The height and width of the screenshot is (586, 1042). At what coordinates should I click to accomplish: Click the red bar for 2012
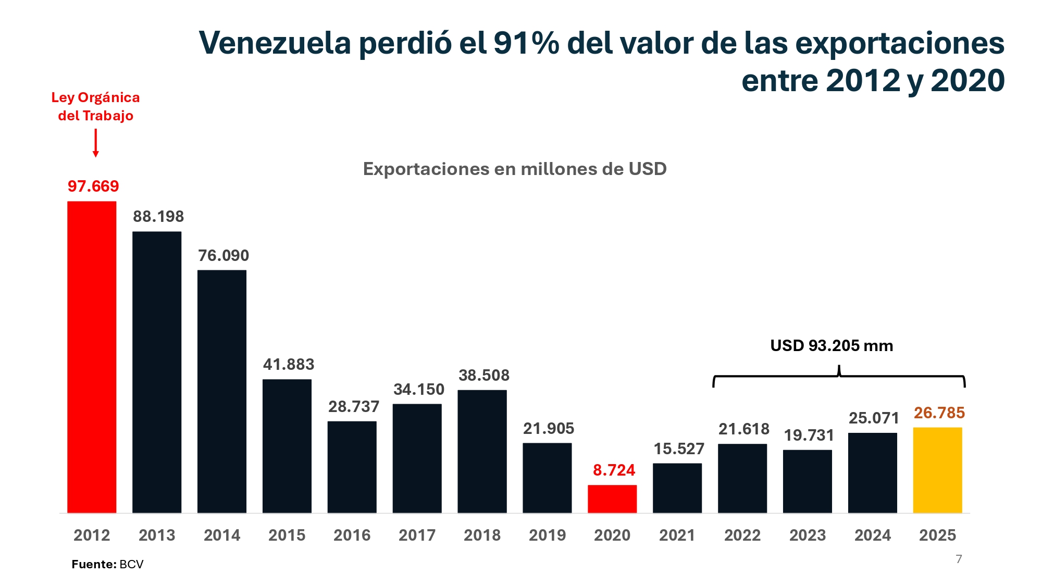coord(92,357)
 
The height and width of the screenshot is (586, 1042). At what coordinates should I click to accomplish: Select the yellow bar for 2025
coord(937,470)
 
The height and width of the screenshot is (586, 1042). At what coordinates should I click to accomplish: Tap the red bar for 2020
coord(612,498)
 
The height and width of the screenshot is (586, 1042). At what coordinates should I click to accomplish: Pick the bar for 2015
coord(287,446)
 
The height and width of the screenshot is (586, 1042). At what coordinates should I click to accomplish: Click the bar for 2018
coord(482,451)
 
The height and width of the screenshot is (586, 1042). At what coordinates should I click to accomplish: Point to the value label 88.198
coord(158,216)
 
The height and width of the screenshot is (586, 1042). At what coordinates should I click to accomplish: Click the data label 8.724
coord(614,470)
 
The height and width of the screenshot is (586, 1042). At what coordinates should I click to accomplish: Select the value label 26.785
coord(939,413)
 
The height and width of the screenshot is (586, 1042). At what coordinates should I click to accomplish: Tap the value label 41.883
coord(289,364)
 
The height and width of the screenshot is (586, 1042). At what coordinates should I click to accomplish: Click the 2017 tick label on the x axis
coord(417,535)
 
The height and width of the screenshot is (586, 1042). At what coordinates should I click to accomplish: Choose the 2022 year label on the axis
coord(742,535)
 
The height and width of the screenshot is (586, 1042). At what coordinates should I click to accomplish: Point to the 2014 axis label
coord(222,535)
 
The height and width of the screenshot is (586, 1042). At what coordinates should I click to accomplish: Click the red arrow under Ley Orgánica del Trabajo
coord(95,143)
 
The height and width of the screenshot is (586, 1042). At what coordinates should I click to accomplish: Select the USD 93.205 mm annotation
coord(832,345)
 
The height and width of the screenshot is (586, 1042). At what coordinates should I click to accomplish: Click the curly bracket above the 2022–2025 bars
coord(839,377)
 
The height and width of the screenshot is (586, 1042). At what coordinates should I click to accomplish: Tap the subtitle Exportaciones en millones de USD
coord(515,169)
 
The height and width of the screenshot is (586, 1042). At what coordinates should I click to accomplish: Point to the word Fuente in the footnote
coord(93,564)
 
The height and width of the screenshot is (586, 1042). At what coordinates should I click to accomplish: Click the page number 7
coord(959,559)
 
